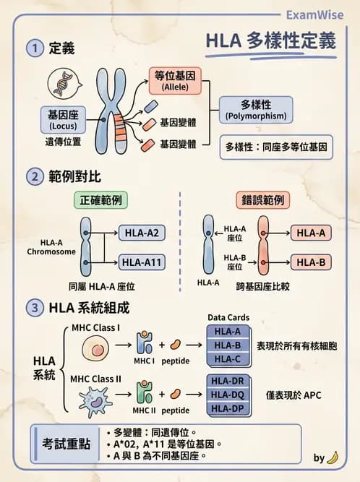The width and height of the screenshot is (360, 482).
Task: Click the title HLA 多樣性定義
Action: coord(271,41)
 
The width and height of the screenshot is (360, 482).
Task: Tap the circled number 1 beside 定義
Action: coord(34,48)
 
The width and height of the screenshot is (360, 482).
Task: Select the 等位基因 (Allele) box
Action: coord(176,80)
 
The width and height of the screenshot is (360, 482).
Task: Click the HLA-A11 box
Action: coord(141,262)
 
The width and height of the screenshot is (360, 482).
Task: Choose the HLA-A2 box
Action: coord(141,233)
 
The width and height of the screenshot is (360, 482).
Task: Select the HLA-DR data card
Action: coord(227,381)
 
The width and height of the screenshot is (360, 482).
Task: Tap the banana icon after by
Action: coord(333,457)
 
